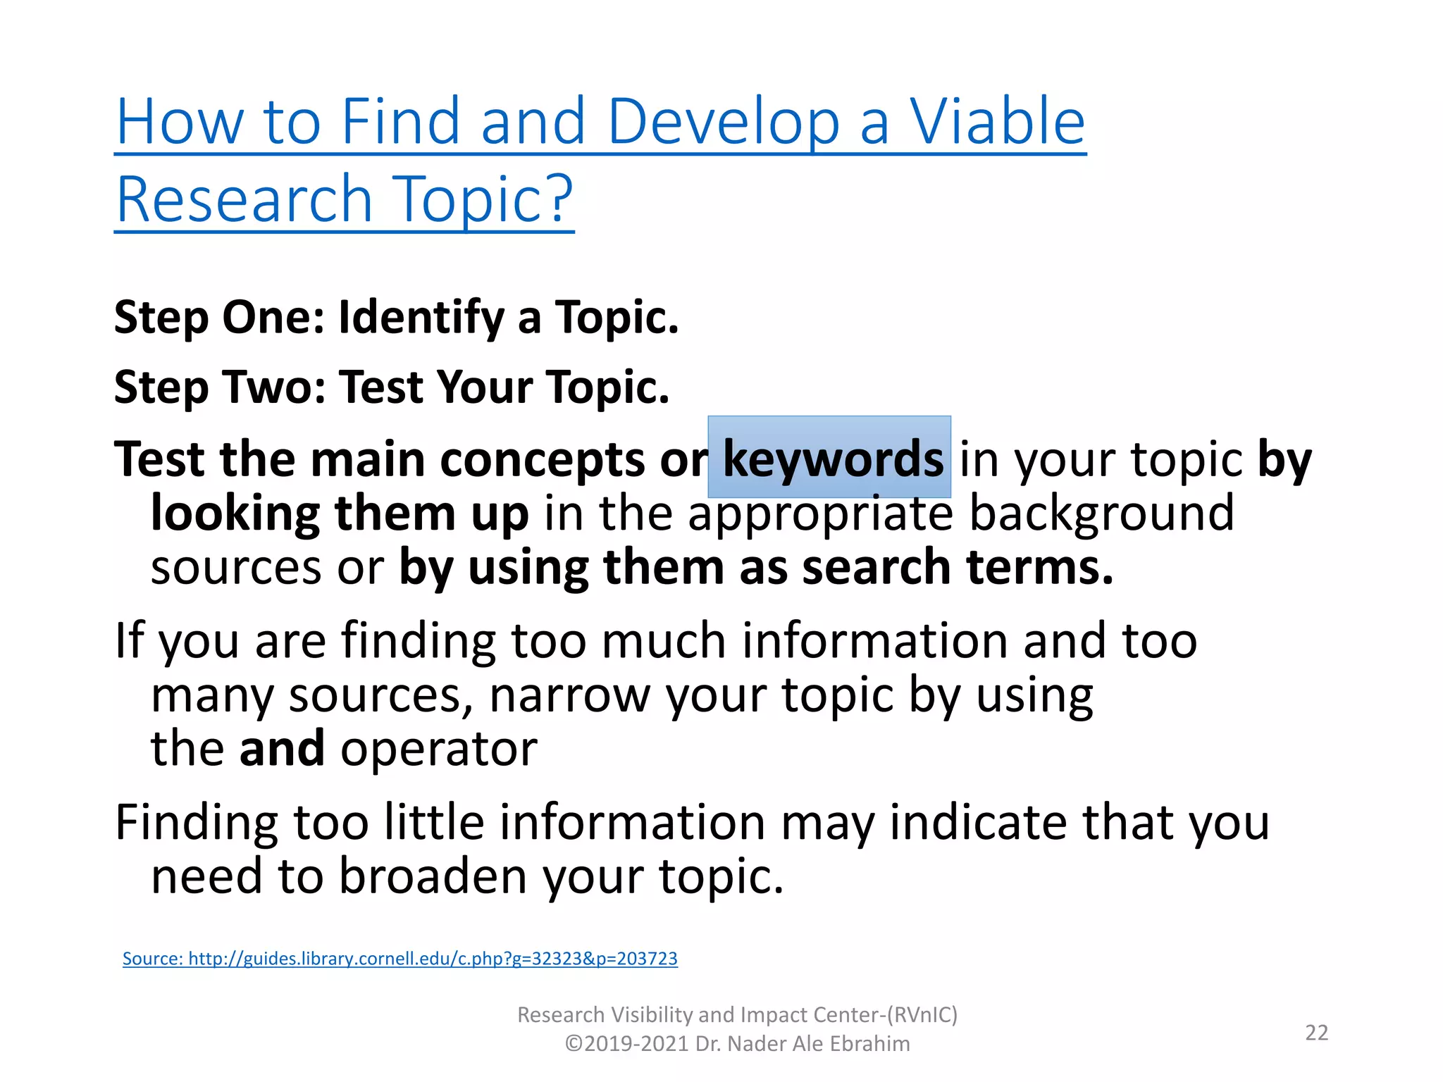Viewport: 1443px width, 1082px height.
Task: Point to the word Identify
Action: (x=421, y=317)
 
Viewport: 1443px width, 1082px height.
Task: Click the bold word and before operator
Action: (x=282, y=748)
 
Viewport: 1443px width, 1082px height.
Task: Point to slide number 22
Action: (x=1316, y=1032)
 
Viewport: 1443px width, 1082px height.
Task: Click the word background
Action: (x=1101, y=512)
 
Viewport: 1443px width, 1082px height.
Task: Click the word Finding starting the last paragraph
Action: (x=197, y=822)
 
